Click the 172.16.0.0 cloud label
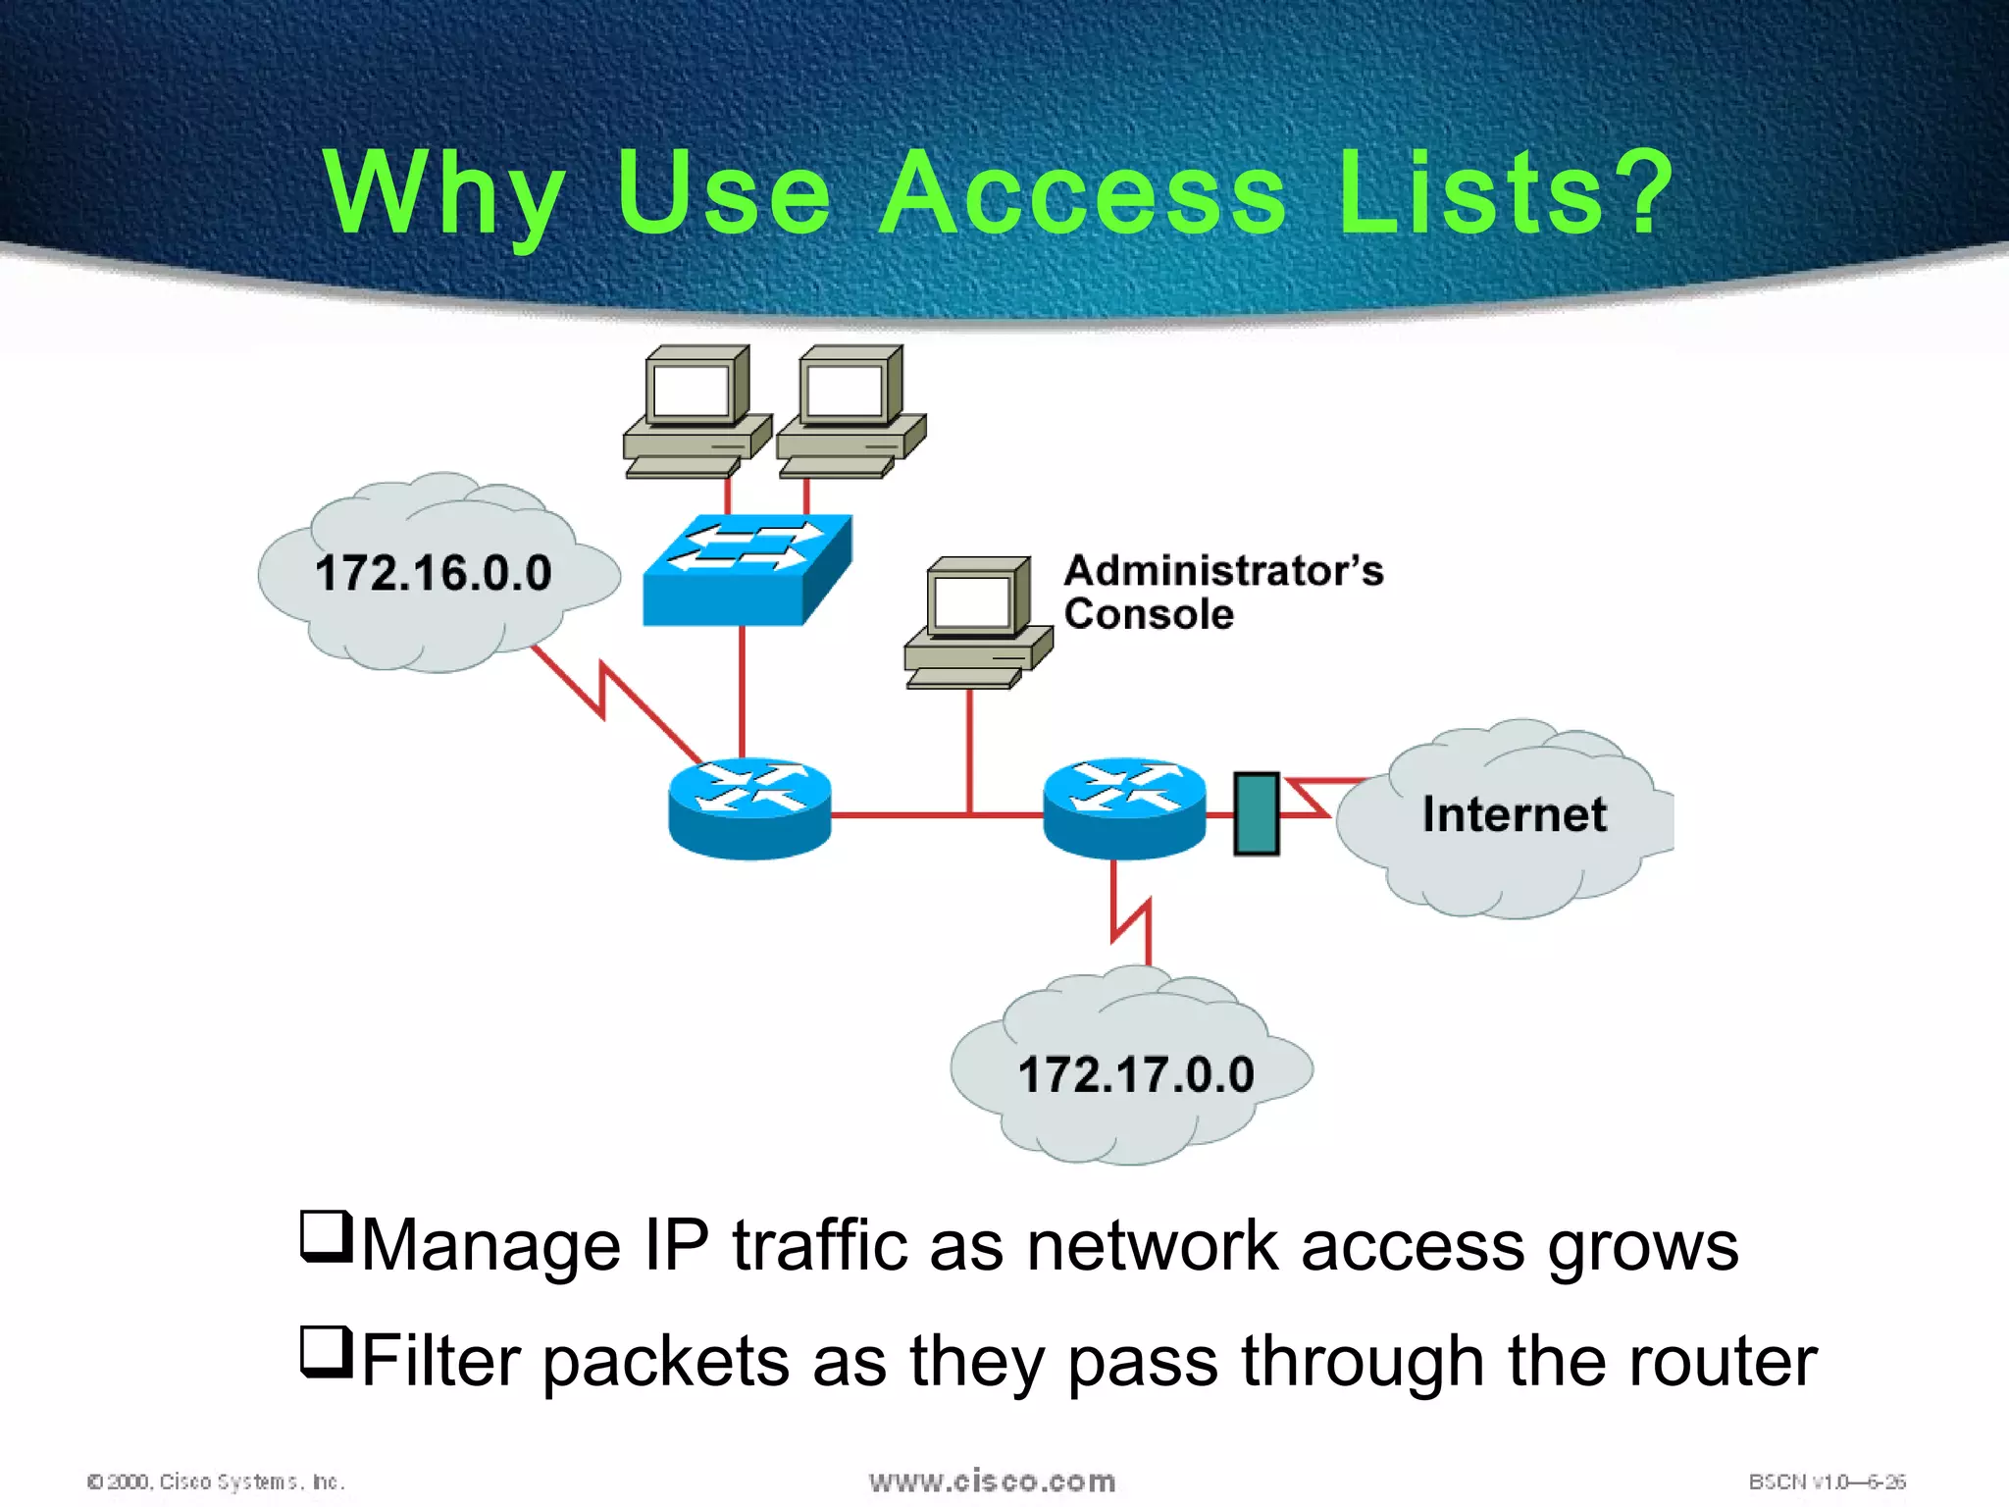(433, 573)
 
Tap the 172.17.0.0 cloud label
(1136, 1074)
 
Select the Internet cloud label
(1514, 814)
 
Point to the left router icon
(749, 808)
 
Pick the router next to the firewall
(1124, 808)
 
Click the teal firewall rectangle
(1256, 813)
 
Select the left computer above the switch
(695, 410)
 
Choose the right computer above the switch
(850, 410)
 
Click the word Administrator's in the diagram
(1223, 571)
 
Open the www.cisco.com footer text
(992, 1481)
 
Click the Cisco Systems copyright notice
(216, 1481)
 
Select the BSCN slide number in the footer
(1827, 1481)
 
